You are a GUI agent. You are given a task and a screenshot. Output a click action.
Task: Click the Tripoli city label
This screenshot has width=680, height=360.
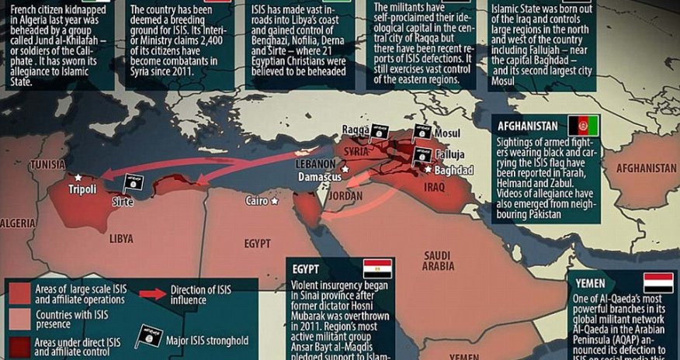pyautogui.click(x=84, y=189)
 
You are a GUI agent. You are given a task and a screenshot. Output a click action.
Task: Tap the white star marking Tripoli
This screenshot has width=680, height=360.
pyautogui.click(x=77, y=177)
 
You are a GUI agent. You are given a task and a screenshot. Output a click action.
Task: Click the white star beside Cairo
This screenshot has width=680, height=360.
pyautogui.click(x=274, y=201)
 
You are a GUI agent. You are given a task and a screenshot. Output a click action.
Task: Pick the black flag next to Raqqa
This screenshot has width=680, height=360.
pyautogui.click(x=378, y=131)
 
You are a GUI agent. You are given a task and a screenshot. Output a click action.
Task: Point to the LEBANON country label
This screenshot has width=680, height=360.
pyautogui.click(x=316, y=164)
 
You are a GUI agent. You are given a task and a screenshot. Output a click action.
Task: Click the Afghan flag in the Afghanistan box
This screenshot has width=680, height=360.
pyautogui.click(x=583, y=126)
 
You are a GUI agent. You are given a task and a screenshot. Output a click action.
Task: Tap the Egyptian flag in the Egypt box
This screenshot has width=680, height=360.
pyautogui.click(x=377, y=268)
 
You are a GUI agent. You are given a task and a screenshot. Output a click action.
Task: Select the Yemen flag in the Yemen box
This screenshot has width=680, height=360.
pyautogui.click(x=657, y=282)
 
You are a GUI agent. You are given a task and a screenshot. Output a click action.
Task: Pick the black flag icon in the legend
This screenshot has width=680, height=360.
pyautogui.click(x=147, y=335)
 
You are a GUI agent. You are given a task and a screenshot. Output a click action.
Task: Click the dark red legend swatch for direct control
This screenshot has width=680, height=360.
pyautogui.click(x=21, y=343)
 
